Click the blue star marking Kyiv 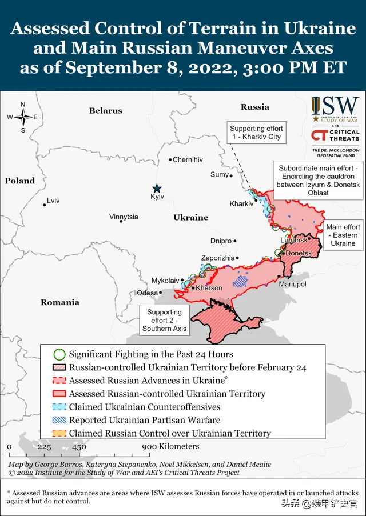click(157, 188)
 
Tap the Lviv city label click(53, 201)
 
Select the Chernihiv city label click(188, 160)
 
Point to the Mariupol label click(292, 284)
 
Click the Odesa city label click(147, 293)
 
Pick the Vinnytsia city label click(124, 217)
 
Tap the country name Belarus click(105, 110)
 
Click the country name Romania click(59, 302)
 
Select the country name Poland click(20, 181)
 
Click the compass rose click(23, 117)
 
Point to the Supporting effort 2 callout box click(164, 321)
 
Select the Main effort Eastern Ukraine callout click(343, 235)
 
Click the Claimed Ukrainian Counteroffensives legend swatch click(59, 407)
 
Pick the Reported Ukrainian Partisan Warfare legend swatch click(59, 420)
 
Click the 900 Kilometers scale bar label click(170, 446)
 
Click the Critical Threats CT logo click(319, 135)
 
